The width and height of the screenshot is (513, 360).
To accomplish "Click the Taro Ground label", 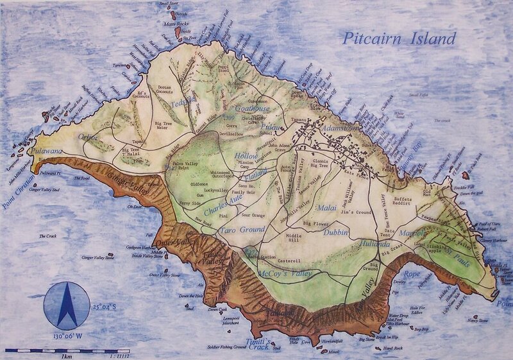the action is pos(224,229).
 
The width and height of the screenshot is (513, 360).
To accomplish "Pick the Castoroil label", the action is pos(290,262).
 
